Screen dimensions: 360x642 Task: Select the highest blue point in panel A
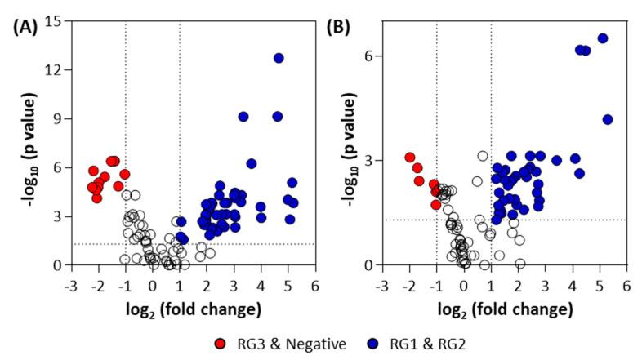point(279,58)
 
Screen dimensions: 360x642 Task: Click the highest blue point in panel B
point(603,38)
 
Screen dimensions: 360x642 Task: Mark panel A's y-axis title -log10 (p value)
point(23,143)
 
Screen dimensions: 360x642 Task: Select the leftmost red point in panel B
point(410,158)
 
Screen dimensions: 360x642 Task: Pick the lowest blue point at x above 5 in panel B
point(608,120)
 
